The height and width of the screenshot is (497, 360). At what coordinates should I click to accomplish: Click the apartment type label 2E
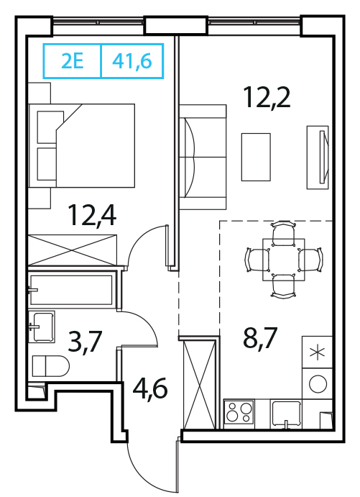click(x=72, y=61)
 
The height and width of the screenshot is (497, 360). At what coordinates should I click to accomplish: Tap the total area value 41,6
click(x=132, y=61)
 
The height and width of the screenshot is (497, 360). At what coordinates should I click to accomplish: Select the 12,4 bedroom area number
click(x=92, y=216)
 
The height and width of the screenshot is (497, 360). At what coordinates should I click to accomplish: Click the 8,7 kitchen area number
click(x=260, y=337)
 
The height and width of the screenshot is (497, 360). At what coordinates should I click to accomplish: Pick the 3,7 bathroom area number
click(x=85, y=342)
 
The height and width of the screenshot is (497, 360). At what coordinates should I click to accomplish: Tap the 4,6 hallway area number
click(x=149, y=388)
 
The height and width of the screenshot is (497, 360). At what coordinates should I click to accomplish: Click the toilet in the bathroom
click(x=51, y=366)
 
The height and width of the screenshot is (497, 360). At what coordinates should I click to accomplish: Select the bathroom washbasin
click(x=42, y=327)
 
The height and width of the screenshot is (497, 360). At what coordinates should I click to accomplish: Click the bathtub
click(x=71, y=290)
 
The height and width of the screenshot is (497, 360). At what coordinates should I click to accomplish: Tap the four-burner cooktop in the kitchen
click(x=239, y=411)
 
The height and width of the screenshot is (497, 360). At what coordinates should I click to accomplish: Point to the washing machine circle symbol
click(x=318, y=384)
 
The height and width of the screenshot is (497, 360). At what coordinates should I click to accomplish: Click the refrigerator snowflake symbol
click(x=317, y=352)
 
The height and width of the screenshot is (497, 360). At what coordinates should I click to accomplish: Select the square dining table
click(x=284, y=260)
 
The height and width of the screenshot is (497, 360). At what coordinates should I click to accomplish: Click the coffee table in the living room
click(x=256, y=157)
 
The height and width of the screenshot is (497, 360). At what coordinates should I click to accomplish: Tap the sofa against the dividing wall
click(x=203, y=157)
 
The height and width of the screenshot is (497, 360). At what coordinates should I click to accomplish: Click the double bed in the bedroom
click(x=82, y=145)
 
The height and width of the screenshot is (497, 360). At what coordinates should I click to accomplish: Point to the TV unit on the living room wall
click(x=318, y=158)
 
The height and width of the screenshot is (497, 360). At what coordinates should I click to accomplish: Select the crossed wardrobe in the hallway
click(x=200, y=384)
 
